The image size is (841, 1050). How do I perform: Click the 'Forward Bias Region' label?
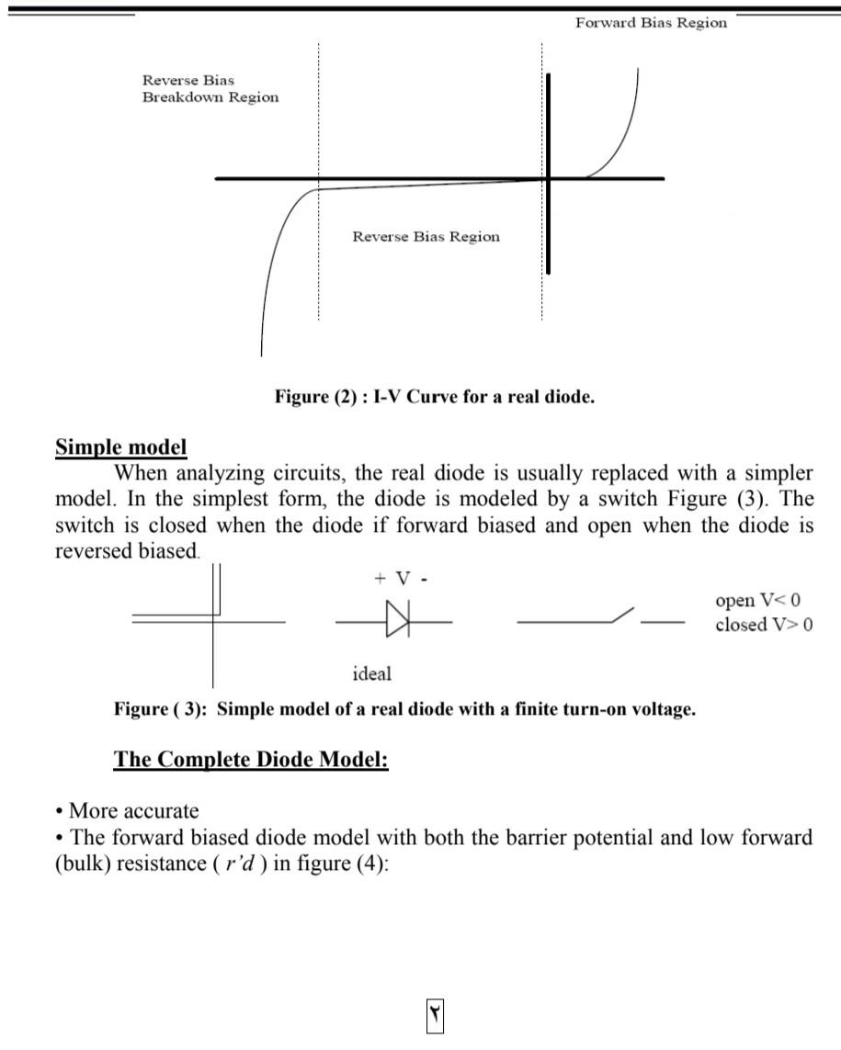tap(651, 23)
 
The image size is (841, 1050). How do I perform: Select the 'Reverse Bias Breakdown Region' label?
tap(210, 89)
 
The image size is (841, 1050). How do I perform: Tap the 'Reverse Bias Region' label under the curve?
tap(426, 237)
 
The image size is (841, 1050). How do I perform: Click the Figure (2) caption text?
tap(435, 397)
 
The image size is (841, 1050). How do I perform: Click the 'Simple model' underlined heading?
tap(121, 447)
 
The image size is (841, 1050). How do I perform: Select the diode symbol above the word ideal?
tap(396, 620)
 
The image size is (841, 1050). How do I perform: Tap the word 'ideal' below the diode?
tap(371, 673)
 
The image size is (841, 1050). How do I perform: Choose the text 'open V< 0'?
tap(757, 600)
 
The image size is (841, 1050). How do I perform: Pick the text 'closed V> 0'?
tap(763, 625)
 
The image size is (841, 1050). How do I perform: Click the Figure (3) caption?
tap(404, 709)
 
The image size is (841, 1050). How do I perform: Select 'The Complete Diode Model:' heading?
tap(251, 760)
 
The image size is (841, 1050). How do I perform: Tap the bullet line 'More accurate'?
tap(133, 811)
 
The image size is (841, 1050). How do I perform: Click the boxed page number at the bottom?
tap(434, 1015)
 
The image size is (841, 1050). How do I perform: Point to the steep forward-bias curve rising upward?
tap(625, 129)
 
